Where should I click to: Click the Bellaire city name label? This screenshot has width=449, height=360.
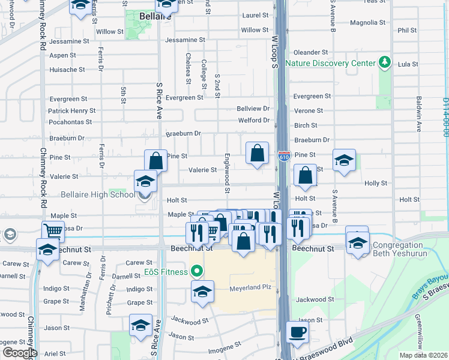[x=155, y=16]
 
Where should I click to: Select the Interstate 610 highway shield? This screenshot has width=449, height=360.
[x=285, y=157]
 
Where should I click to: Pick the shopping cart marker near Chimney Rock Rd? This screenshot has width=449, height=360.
[x=53, y=230]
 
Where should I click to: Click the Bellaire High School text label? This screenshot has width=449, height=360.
[x=98, y=194]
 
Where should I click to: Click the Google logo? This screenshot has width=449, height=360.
[x=20, y=352]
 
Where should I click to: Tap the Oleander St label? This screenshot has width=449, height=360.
[x=310, y=53]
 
